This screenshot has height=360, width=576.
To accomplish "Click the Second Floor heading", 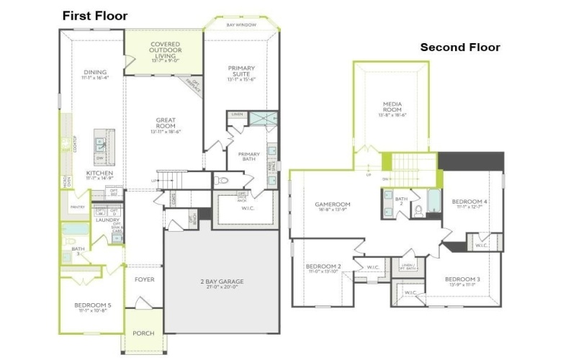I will [x=460, y=48].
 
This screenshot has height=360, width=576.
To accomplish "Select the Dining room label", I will [x=96, y=73].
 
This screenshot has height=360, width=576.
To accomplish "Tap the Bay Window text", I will [x=240, y=24].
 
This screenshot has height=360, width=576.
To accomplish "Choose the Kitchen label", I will [x=98, y=174].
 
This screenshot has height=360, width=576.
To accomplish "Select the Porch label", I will [x=143, y=333].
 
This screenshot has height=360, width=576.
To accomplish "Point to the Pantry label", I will [x=78, y=207].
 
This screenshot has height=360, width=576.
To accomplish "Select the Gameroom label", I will [x=332, y=205].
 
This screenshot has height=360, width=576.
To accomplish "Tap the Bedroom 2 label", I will [x=323, y=266].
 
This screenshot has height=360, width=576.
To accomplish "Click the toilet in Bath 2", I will [x=418, y=211].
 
